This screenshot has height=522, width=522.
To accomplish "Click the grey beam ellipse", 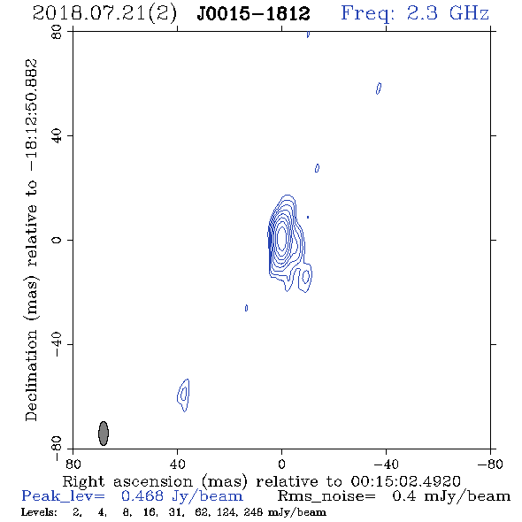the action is (x=104, y=434).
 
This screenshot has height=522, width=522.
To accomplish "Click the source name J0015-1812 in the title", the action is (x=253, y=14).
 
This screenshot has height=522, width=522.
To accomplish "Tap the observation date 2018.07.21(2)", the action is (x=104, y=14).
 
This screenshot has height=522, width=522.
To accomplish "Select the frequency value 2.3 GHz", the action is (x=448, y=13).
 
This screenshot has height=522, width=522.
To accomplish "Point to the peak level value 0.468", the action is (x=142, y=496).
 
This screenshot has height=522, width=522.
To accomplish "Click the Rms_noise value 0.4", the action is (x=403, y=496).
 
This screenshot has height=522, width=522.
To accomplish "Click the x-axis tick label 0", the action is (x=281, y=464).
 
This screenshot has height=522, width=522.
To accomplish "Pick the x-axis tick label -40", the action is (x=386, y=464).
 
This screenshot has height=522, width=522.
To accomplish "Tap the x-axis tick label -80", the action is (x=490, y=464).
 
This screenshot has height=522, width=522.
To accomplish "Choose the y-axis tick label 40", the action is (x=57, y=136).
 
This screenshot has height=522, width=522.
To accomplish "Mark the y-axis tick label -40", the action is (x=57, y=344).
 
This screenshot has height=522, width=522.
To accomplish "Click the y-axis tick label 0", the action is (x=57, y=240).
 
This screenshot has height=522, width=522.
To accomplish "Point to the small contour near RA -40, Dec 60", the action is (x=379, y=88).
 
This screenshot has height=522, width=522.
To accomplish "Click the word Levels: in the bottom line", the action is (x=39, y=512).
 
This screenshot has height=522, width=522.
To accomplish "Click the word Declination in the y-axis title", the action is (x=31, y=375).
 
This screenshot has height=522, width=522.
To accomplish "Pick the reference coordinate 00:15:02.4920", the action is (x=405, y=481).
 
